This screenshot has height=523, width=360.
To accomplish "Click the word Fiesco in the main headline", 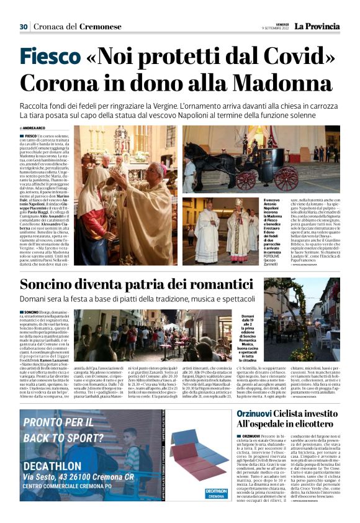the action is pyautogui.click(x=50, y=57).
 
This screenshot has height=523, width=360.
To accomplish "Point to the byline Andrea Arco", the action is pyautogui.click(x=37, y=128).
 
